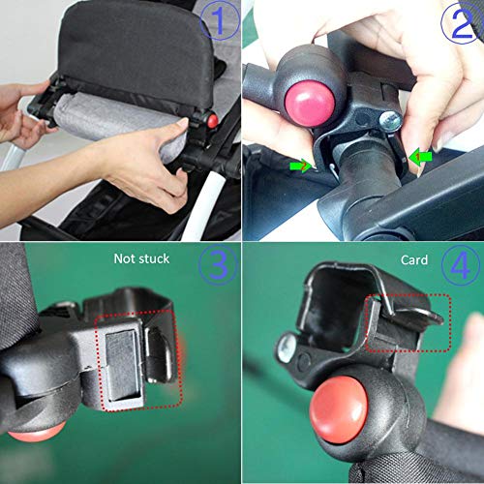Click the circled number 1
coord(220,20)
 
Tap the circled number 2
coord(462,23)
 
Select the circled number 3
coord(218,264)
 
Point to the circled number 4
coord(461,265)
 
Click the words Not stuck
coord(141,258)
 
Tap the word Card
coord(414,259)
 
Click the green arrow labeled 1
coord(420,157)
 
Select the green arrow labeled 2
coord(301,166)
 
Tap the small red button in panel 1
coord(213,121)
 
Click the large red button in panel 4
coord(339,409)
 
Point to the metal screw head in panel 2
coord(390,121)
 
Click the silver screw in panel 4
coord(287,348)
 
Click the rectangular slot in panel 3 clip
coord(123,366)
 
